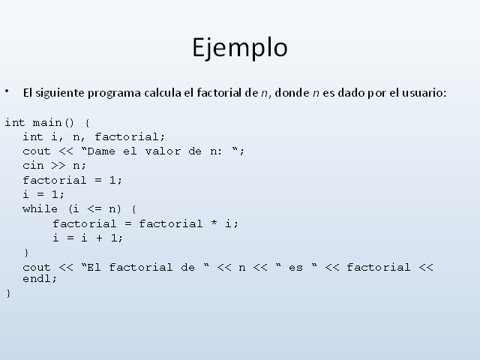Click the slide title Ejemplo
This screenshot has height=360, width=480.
pyautogui.click(x=240, y=48)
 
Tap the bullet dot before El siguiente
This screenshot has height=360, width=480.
pyautogui.click(x=7, y=91)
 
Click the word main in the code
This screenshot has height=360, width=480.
pyautogui.click(x=47, y=123)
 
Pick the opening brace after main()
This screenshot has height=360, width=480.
pyautogui.click(x=87, y=123)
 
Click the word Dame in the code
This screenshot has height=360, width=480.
pyautogui.click(x=101, y=151)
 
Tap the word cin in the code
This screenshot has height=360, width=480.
pyautogui.click(x=33, y=166)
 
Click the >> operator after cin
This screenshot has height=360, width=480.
pyautogui.click(x=58, y=166)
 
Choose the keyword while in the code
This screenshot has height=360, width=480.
pyautogui.click(x=40, y=209)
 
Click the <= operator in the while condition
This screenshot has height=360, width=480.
pyautogui.click(x=94, y=209)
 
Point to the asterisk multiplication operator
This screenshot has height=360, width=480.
pyautogui.click(x=214, y=223)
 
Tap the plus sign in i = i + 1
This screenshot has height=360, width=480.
pyautogui.click(x=99, y=238)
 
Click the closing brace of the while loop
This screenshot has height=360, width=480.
pyautogui.click(x=26, y=253)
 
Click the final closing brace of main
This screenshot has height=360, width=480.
pyautogui.click(x=8, y=293)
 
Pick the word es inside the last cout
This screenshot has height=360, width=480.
pyautogui.click(x=295, y=268)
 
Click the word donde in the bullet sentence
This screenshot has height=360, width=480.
pyautogui.click(x=292, y=92)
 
